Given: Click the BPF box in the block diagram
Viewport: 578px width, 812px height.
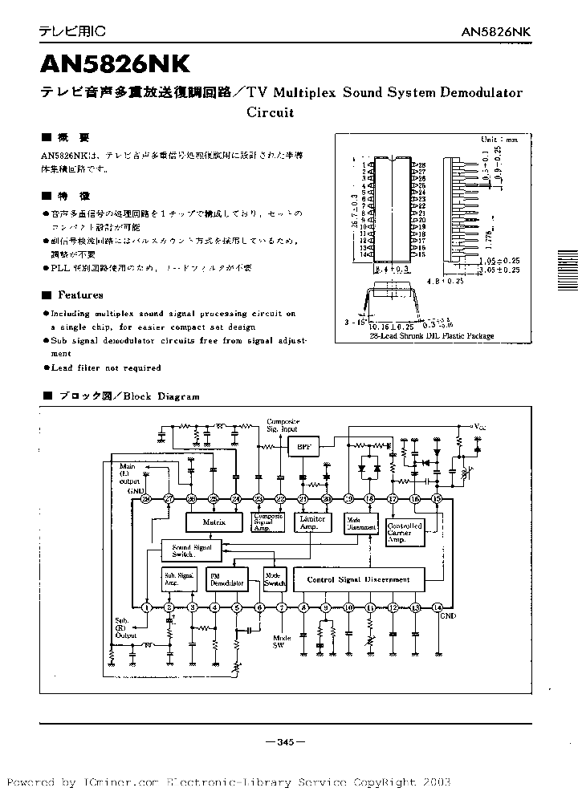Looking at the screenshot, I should pyautogui.click(x=303, y=447).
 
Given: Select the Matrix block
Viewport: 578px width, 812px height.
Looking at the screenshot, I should pyautogui.click(x=213, y=522).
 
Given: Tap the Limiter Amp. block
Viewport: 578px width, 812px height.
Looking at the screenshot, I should pyautogui.click(x=311, y=522).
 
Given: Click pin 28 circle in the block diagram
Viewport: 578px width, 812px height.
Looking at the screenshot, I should pyautogui.click(x=146, y=498).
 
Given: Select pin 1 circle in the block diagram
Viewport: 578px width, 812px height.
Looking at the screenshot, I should pyautogui.click(x=146, y=607).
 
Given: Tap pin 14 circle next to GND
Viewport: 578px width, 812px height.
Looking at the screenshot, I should pyautogui.click(x=437, y=607).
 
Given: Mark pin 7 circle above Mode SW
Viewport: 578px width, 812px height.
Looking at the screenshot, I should pyautogui.click(x=281, y=607).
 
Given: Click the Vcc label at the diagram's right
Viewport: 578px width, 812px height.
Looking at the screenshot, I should pyautogui.click(x=479, y=425).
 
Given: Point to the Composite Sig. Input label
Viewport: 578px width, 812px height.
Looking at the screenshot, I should pyautogui.click(x=283, y=424).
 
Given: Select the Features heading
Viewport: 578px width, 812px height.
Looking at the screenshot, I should pyautogui.click(x=80, y=294).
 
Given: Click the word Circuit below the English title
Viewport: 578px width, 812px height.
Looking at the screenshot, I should pyautogui.click(x=270, y=112).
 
